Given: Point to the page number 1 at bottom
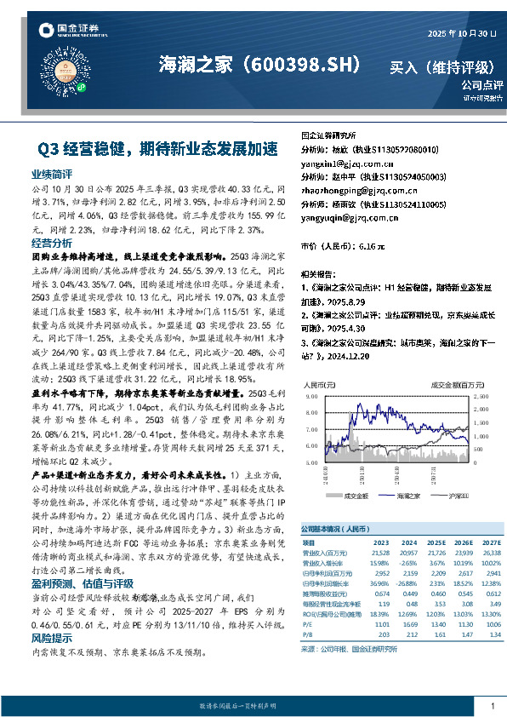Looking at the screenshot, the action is point(493,706).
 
